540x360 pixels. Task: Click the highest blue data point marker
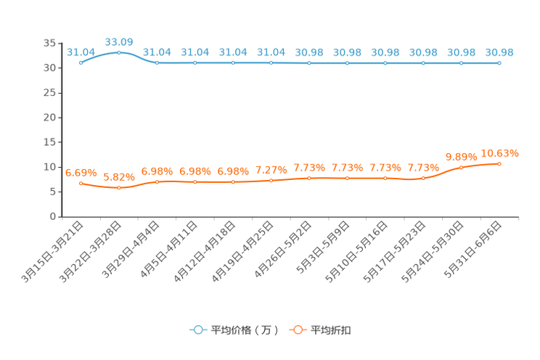(119, 52)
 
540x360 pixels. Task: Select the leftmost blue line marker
(81, 63)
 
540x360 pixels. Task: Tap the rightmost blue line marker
(499, 63)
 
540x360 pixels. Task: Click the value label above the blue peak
(119, 41)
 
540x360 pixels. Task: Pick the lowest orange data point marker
(119, 189)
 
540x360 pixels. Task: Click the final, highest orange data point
(499, 163)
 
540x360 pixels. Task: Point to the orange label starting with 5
(119, 176)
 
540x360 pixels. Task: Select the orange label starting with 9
(461, 155)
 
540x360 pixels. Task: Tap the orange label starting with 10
(500, 152)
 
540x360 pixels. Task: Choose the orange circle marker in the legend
(298, 330)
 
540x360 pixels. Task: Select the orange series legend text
(332, 330)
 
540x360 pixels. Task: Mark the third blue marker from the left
(157, 63)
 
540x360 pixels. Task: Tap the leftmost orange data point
(81, 184)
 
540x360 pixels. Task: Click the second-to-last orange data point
(461, 167)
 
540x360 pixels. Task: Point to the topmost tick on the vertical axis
(60, 44)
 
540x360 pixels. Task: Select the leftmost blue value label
(81, 52)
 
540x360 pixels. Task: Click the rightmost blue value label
(499, 52)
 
